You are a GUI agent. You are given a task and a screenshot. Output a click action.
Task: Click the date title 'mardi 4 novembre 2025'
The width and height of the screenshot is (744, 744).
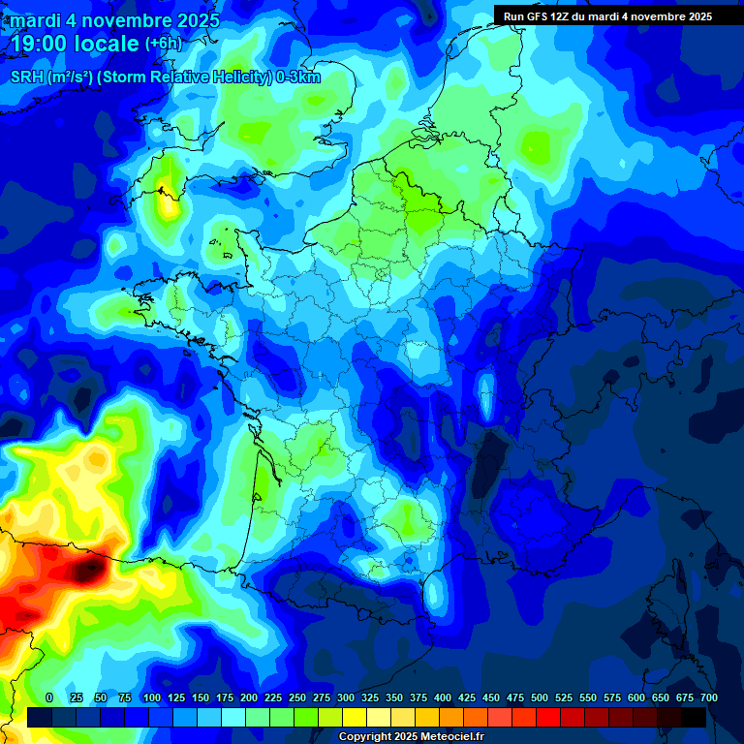(x=114, y=20)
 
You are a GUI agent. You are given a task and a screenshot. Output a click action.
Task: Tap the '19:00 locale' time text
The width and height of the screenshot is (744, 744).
(x=75, y=44)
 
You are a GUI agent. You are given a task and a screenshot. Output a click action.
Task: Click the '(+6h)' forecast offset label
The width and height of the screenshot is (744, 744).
(x=164, y=44)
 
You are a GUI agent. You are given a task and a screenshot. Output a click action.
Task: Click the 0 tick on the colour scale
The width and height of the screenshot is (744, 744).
(x=49, y=697)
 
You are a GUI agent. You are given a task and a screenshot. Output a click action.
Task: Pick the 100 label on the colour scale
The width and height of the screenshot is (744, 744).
(x=151, y=697)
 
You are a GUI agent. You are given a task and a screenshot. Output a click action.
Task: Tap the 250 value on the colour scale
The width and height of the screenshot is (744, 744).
(x=297, y=697)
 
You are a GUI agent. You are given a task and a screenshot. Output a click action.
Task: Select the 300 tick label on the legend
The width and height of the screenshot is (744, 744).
(x=346, y=697)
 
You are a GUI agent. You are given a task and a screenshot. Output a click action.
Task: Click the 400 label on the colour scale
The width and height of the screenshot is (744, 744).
(x=443, y=697)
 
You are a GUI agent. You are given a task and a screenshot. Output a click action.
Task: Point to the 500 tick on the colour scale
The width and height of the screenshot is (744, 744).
(x=540, y=697)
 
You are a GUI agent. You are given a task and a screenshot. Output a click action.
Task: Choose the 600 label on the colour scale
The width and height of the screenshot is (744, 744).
(x=636, y=697)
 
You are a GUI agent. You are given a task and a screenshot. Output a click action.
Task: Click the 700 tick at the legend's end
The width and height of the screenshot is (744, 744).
(x=708, y=697)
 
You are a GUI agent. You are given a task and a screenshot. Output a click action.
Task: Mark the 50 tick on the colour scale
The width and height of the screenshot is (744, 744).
(x=101, y=697)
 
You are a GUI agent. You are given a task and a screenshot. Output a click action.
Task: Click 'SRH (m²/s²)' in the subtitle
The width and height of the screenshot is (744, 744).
(x=50, y=77)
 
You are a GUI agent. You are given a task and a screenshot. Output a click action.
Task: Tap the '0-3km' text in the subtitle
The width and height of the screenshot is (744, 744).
(x=298, y=77)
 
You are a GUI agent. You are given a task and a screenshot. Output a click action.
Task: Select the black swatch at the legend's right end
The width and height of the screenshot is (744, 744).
(x=694, y=717)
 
